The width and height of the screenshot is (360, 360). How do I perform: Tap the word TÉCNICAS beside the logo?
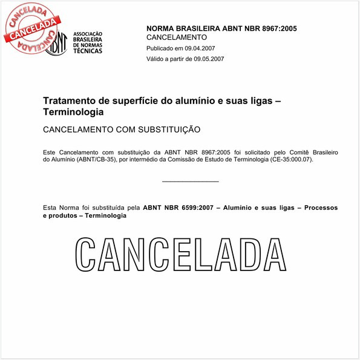(87, 51)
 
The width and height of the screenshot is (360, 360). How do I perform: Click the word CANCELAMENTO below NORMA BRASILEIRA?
(177, 38)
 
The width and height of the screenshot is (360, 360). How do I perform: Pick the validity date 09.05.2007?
(205, 59)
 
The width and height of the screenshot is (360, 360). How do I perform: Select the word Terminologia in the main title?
(73, 113)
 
